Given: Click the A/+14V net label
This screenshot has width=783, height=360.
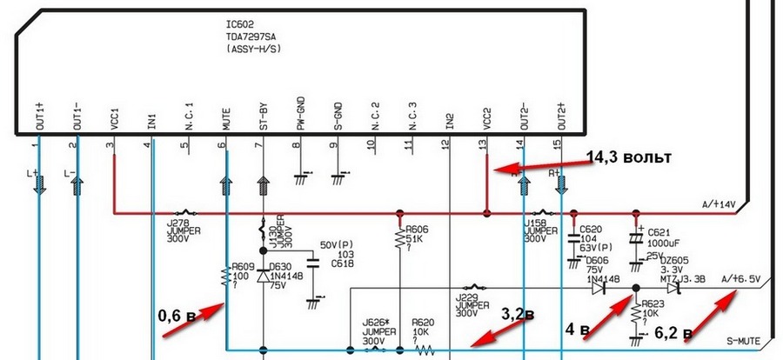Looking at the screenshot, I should click(x=718, y=205).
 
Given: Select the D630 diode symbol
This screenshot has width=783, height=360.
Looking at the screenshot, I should click(x=262, y=276).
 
